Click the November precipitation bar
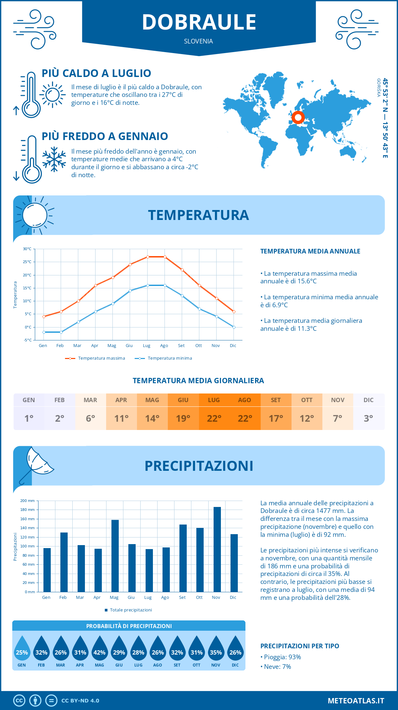(217, 549)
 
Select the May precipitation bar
(115, 556)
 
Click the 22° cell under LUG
(214, 418)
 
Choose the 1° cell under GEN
(29, 418)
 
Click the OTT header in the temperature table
(307, 400)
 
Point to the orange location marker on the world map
(298, 117)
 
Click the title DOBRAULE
(199, 22)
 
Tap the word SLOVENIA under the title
(198, 41)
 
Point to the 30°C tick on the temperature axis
(27, 249)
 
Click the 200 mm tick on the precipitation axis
(28, 501)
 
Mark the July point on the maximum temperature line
(148, 257)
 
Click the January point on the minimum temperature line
(44, 332)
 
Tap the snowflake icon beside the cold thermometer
(54, 159)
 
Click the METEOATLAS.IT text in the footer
(356, 701)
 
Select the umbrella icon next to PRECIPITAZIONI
(36, 464)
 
